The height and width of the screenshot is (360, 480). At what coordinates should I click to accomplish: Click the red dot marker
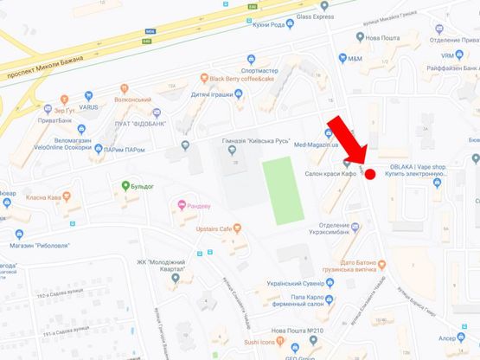pyautogui.click(x=369, y=175)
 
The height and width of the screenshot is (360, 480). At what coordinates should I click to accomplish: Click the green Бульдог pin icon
pyautogui.click(x=125, y=185)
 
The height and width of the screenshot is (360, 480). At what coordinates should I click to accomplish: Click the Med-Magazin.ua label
pyautogui.click(x=318, y=145)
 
